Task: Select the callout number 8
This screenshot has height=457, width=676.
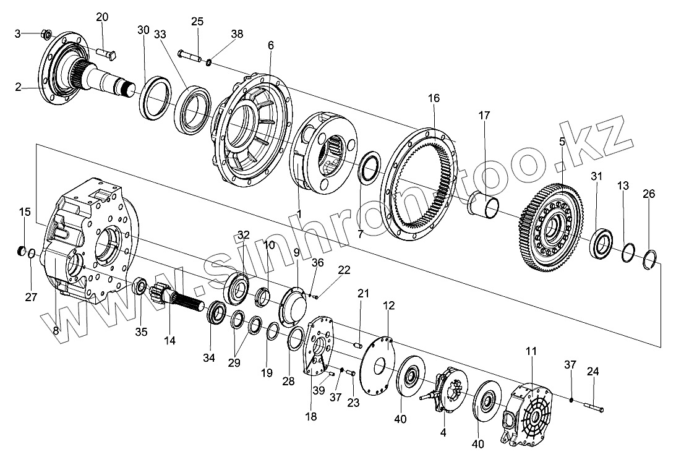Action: [x=56, y=331]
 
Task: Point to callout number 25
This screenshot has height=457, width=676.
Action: [x=197, y=21]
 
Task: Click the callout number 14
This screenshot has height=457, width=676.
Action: [x=169, y=340]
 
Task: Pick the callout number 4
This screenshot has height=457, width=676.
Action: [x=442, y=433]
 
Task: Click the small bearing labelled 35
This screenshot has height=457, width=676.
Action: [x=140, y=287]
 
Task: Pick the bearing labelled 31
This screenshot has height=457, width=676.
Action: [x=601, y=244]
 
